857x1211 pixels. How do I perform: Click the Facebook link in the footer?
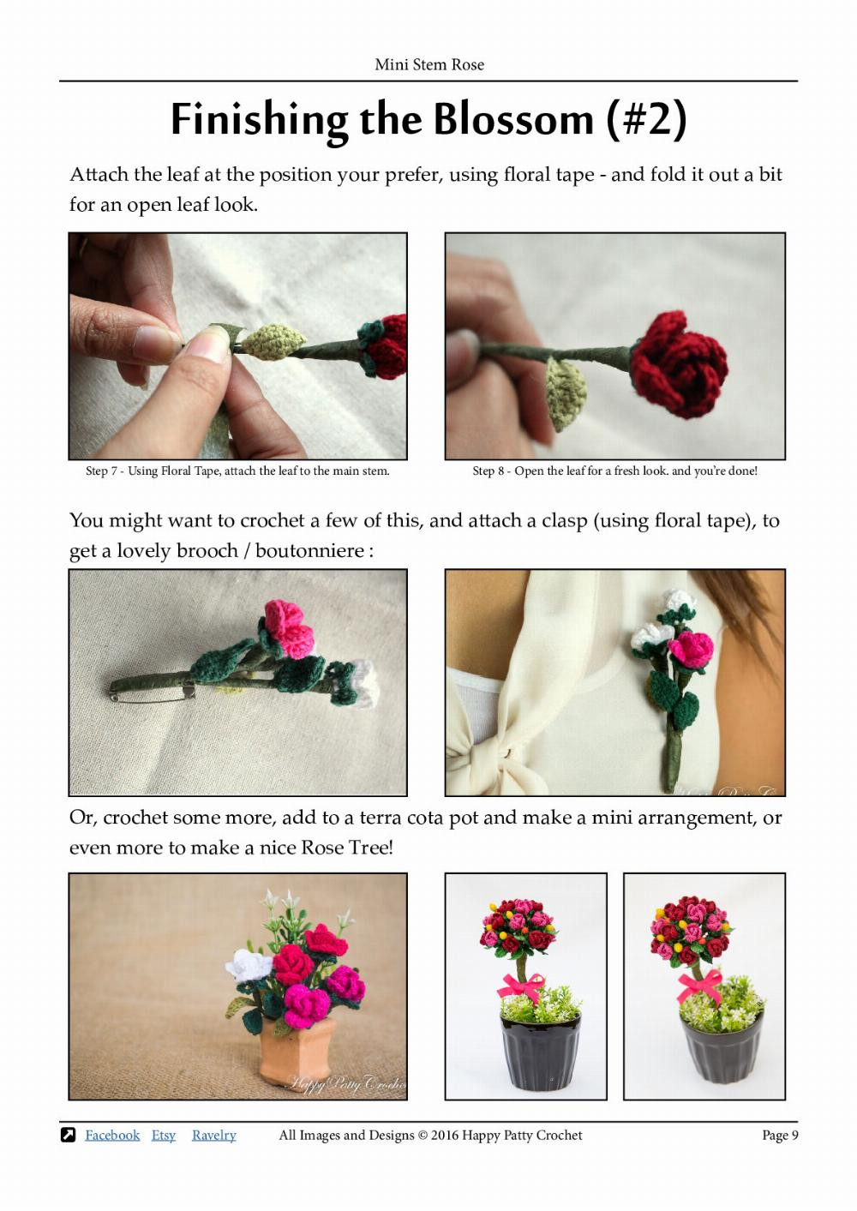[112, 1135]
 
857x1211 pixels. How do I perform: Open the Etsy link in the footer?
[163, 1135]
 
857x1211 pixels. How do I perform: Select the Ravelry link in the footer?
[213, 1135]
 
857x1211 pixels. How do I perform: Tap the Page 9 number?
[780, 1135]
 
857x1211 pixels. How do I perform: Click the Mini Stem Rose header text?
[429, 64]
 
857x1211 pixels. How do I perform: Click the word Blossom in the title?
[512, 119]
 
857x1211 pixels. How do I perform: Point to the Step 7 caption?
[237, 471]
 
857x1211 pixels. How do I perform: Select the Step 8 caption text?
[614, 471]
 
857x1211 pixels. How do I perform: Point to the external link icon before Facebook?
[69, 1135]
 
